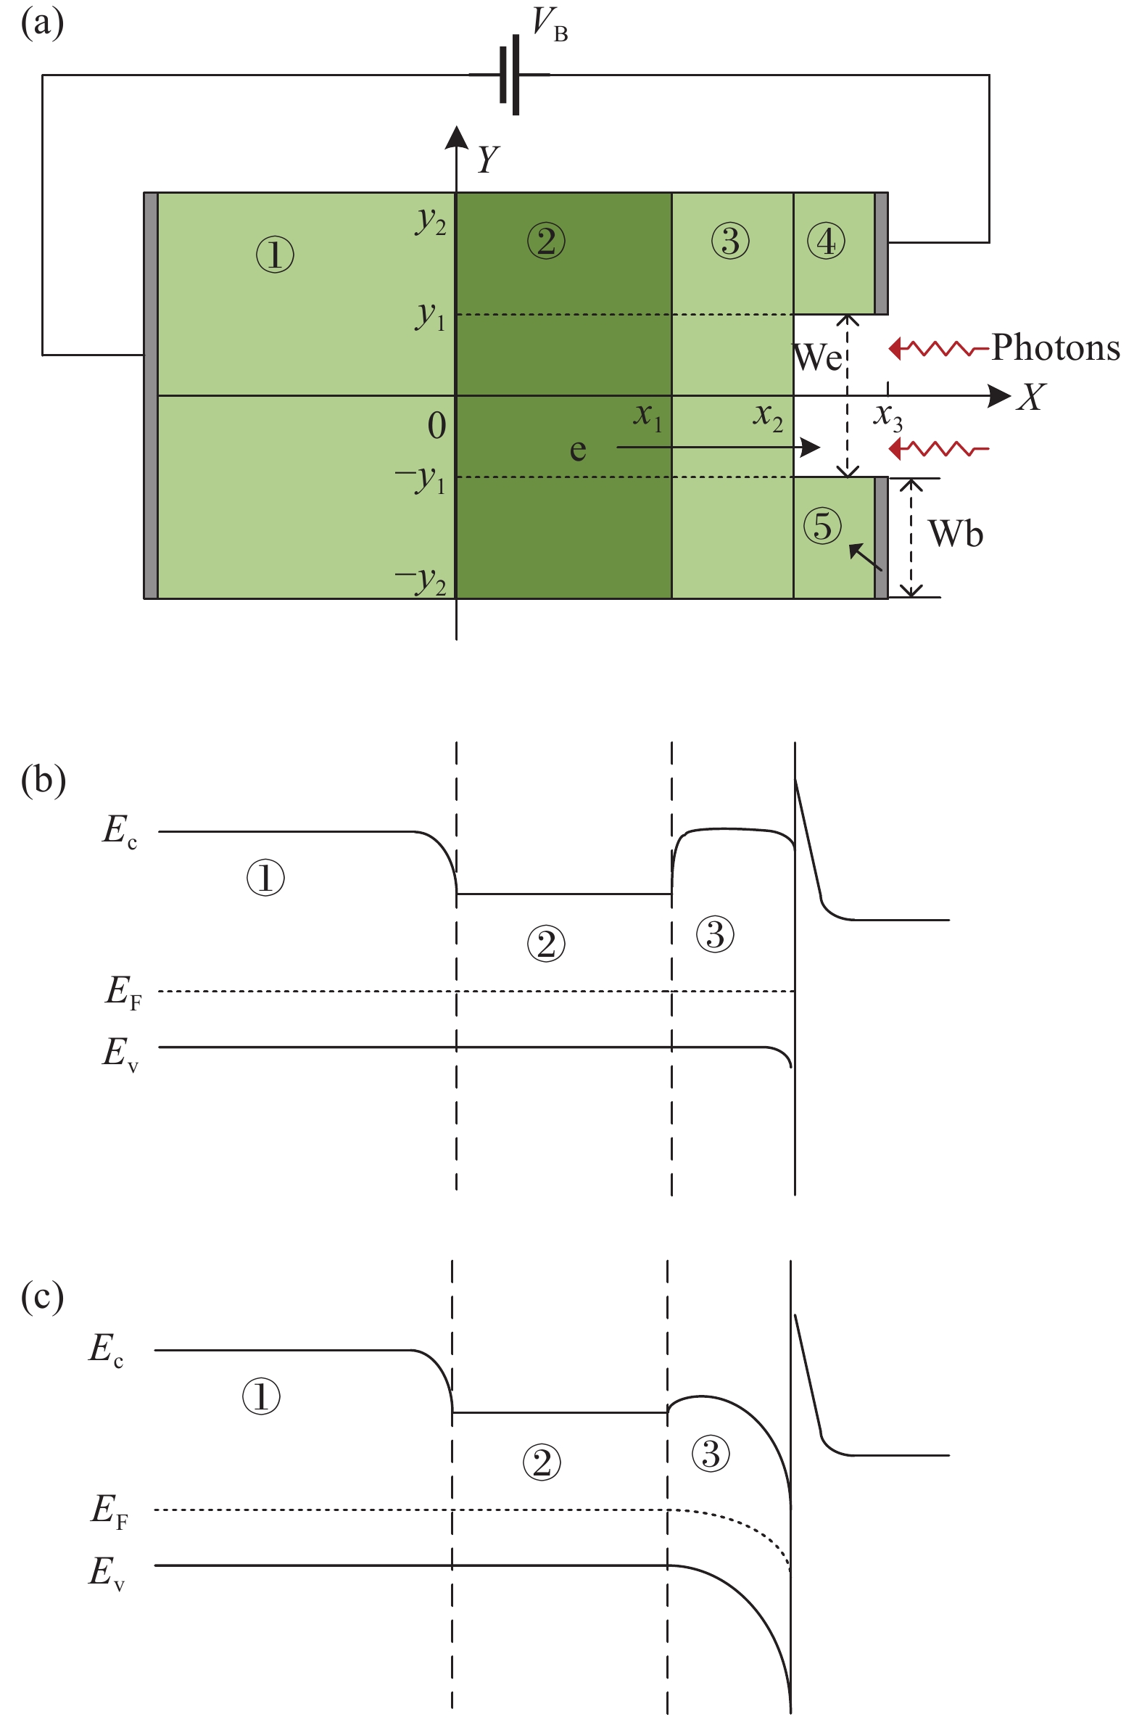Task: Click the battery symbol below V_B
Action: (x=510, y=74)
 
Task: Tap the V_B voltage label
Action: (x=550, y=24)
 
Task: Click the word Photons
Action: (x=1055, y=347)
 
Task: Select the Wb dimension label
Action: (x=956, y=534)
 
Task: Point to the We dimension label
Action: (x=817, y=357)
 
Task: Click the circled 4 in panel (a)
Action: (x=826, y=242)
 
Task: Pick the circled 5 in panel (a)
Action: (x=822, y=526)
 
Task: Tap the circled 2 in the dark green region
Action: (x=546, y=241)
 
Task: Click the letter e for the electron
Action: (x=578, y=450)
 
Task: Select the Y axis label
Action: (x=488, y=158)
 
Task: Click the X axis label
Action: (x=1031, y=398)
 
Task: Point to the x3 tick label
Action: (x=887, y=417)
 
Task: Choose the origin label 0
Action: (x=437, y=425)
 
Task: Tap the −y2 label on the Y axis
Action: (x=421, y=580)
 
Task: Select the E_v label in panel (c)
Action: (x=107, y=1572)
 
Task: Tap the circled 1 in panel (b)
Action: (x=265, y=877)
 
